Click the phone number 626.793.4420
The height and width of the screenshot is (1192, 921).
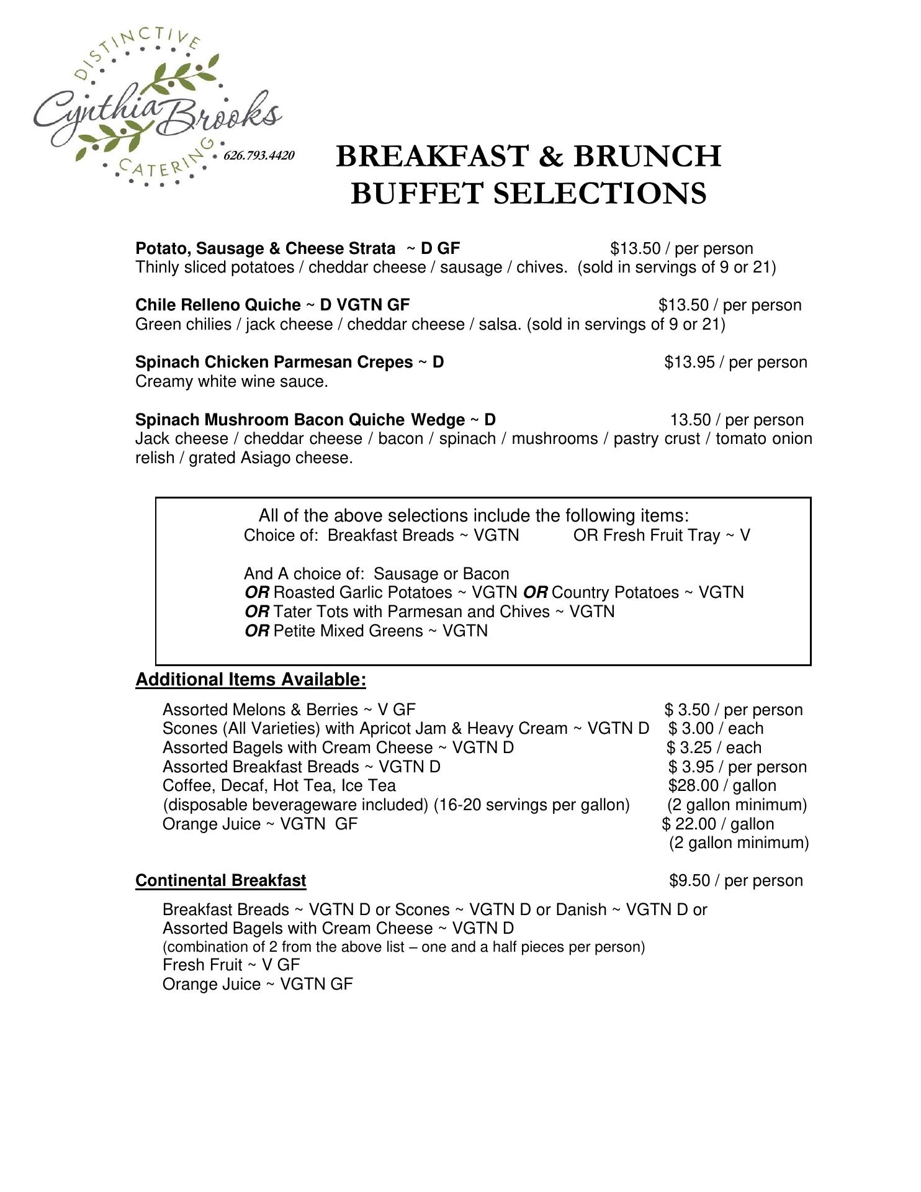click(x=259, y=155)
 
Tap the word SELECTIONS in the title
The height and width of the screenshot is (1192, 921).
click(x=600, y=193)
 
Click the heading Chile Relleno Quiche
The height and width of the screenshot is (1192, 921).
click(x=218, y=305)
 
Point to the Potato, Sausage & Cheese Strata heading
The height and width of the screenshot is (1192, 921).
click(x=265, y=249)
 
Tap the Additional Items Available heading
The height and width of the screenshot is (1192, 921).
click(x=251, y=680)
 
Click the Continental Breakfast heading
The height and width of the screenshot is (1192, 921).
click(x=220, y=881)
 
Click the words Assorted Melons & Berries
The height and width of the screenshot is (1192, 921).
click(x=260, y=710)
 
